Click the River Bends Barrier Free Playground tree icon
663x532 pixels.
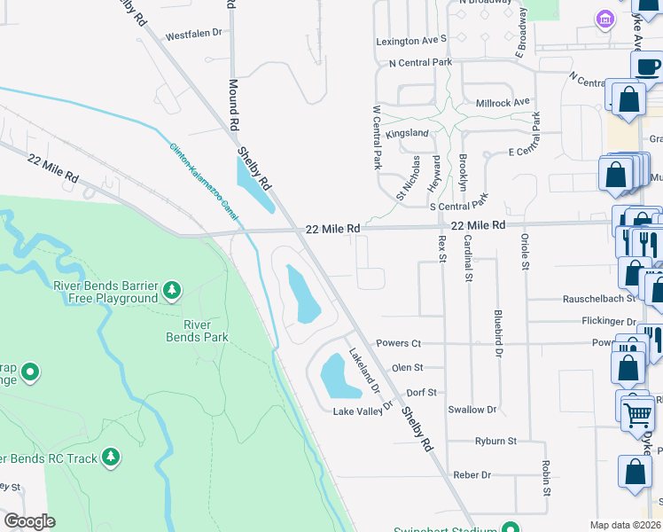(172, 290)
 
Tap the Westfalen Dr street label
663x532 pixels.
(193, 35)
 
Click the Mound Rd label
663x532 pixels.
(234, 103)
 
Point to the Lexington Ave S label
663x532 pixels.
(410, 41)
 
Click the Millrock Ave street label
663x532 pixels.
(503, 102)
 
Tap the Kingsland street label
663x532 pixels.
(408, 133)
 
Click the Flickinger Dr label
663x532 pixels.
(606, 322)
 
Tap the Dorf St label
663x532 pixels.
(422, 392)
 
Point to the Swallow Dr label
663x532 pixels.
(472, 410)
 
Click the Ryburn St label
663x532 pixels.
(495, 441)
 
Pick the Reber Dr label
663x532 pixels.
(472, 475)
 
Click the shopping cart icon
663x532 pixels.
(638, 414)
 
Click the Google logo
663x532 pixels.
(29, 521)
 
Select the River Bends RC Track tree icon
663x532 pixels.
(111, 458)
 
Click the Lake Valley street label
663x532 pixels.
(356, 412)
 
